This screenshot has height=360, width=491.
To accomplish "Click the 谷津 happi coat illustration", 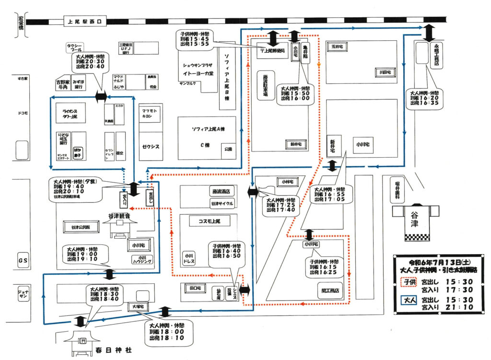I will (415, 221).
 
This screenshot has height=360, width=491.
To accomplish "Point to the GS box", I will (23, 260).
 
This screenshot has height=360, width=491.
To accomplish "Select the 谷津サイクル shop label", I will (222, 203).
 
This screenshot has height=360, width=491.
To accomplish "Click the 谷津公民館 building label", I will (81, 227).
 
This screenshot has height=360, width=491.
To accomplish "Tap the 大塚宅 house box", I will (136, 305).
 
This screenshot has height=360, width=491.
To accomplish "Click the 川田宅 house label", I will (385, 72).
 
